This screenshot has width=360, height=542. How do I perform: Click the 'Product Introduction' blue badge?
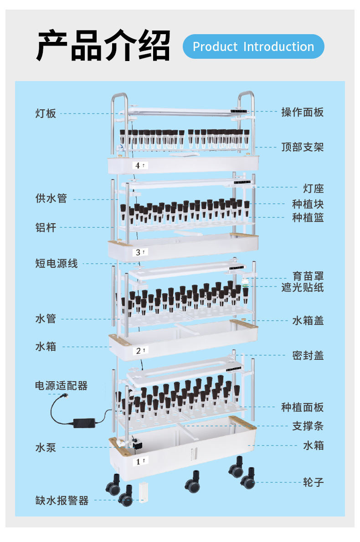[253, 46]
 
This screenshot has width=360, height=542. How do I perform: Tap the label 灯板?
[46, 113]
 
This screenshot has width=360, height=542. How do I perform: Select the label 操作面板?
[303, 112]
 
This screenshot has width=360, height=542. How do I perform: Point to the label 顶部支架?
[303, 147]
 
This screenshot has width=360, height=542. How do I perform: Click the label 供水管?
[51, 199]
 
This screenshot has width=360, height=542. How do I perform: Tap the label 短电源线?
[57, 263]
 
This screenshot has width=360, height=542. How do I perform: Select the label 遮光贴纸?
[303, 287]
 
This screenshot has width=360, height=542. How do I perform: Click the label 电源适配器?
[62, 386]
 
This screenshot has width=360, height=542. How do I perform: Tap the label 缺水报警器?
[62, 501]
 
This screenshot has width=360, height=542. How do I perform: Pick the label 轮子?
[314, 482]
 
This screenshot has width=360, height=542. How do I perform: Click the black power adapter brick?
[83, 422]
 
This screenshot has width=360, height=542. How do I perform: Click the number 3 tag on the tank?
[140, 252]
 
